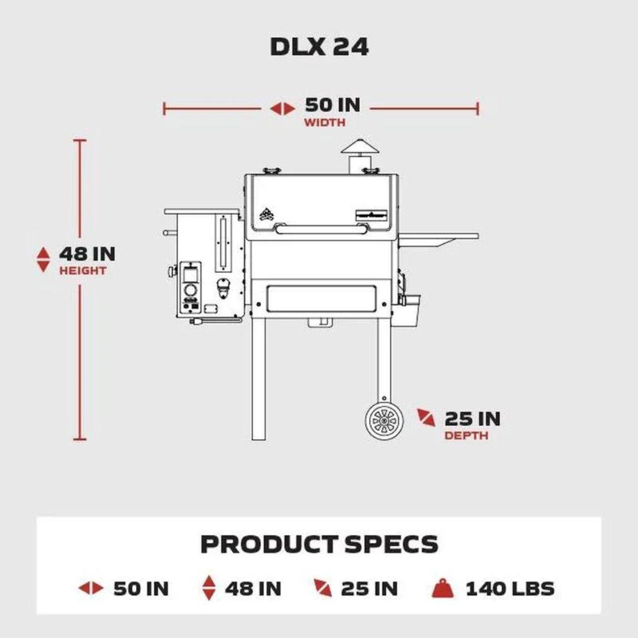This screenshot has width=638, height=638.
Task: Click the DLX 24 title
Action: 319,47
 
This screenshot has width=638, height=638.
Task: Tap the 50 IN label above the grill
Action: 332,105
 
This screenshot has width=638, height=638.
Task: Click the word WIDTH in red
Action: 324,123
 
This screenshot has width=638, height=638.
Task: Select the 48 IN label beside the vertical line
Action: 87,254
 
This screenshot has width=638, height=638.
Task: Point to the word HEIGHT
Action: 83,271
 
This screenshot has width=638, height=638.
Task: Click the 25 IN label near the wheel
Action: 472,419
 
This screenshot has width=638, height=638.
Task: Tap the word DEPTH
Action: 466,436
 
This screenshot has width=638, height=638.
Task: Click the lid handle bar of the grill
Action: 321,227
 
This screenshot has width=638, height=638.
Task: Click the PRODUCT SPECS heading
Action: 319,544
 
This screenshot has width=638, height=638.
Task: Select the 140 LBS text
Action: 510,588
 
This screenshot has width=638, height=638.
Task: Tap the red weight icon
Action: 442,588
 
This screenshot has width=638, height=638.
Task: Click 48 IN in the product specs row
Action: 253,588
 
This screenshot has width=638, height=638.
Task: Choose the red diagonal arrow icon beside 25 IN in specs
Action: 322,588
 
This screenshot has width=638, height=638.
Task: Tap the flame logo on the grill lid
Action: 266,213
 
